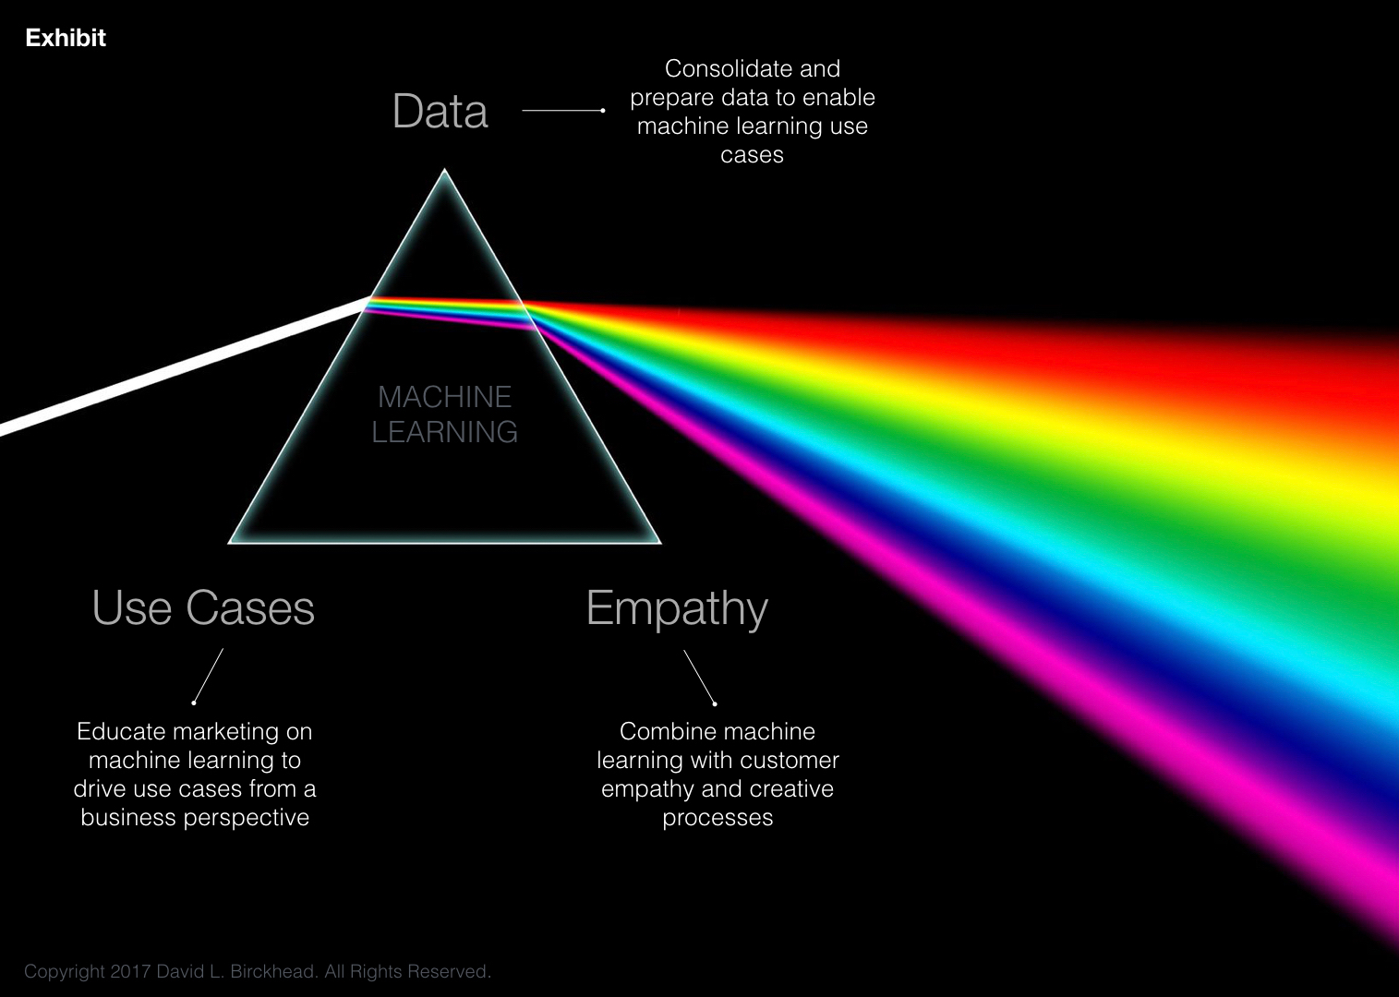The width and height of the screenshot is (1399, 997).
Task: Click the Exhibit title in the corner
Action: click(x=66, y=38)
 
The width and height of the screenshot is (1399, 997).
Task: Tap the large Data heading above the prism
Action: click(x=440, y=112)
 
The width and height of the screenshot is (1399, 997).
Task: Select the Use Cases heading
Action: click(x=203, y=608)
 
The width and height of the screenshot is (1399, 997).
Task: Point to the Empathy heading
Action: click(x=677, y=608)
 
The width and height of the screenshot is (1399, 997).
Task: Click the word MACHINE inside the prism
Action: click(x=444, y=397)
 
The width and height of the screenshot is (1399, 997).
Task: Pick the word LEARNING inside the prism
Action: click(x=444, y=432)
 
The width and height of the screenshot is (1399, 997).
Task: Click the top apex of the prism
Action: click(x=444, y=172)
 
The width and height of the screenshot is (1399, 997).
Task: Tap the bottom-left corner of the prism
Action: click(x=231, y=541)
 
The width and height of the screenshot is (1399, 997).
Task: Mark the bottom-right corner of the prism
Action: click(x=658, y=541)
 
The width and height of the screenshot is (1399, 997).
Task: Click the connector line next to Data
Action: click(x=562, y=111)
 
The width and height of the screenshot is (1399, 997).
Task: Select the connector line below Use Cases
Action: click(x=208, y=677)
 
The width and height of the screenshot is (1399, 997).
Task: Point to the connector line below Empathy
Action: click(x=699, y=677)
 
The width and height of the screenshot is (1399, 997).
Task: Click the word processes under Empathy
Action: click(x=718, y=818)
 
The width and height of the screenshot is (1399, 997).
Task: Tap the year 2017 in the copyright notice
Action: click(x=130, y=971)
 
